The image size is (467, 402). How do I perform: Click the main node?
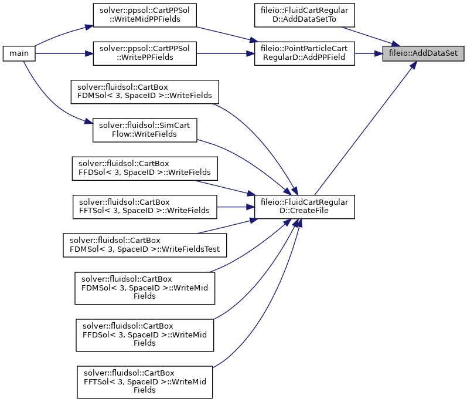pos(19,53)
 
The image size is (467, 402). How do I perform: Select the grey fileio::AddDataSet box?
pos(423,53)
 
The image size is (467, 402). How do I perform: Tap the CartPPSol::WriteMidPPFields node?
pos(145,15)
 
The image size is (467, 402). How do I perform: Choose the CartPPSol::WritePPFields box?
pos(145,53)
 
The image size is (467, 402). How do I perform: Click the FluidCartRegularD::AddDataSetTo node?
pos(304,15)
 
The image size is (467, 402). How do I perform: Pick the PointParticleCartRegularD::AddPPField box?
pos(304,53)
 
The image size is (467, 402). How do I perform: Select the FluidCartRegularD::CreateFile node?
pos(304,207)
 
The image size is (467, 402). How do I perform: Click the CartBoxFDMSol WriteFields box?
pos(145,92)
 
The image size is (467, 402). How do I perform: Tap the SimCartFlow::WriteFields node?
pos(145,130)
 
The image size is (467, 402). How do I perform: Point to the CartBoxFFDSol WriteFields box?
pos(145,168)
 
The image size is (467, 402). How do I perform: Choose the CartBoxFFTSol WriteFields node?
pos(145,207)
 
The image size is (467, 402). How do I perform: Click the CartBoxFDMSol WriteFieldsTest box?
pos(145,245)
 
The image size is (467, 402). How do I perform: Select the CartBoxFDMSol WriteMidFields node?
pos(145,288)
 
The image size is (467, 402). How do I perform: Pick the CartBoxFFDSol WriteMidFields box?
pos(145,335)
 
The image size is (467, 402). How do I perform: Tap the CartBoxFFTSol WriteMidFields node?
pos(145,382)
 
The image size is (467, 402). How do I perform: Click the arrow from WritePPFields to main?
pos(64,53)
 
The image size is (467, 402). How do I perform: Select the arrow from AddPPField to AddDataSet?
pos(369,53)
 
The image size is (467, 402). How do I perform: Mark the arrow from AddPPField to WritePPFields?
pos(226,53)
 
